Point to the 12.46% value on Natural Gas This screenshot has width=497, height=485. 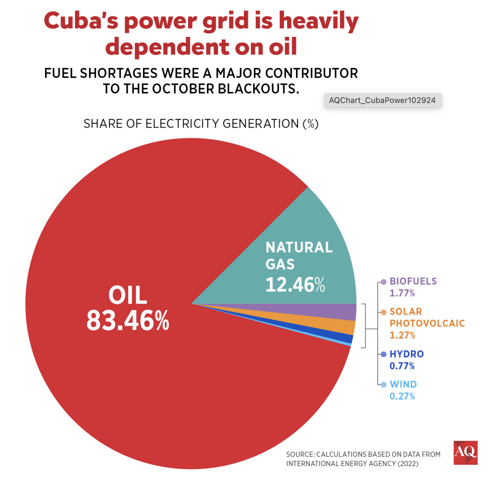[x=295, y=285]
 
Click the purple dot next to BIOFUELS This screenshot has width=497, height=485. [x=383, y=282]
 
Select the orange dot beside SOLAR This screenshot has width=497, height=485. [x=383, y=312]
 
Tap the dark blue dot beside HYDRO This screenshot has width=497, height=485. [x=383, y=354]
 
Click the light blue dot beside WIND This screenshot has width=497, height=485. [x=383, y=384]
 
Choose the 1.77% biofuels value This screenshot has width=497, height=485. [x=402, y=293]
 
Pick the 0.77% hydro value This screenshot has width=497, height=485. [x=402, y=366]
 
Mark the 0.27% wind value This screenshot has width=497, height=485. [x=402, y=396]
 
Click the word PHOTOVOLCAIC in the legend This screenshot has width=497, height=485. [x=427, y=323]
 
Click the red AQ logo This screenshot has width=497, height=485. [x=465, y=452]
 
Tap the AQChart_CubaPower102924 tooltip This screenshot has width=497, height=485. [x=382, y=100]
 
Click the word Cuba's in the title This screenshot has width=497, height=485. [x=81, y=21]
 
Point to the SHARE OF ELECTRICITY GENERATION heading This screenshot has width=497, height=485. [x=201, y=124]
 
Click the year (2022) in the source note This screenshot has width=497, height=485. [x=408, y=464]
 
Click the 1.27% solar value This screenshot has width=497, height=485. [x=402, y=335]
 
